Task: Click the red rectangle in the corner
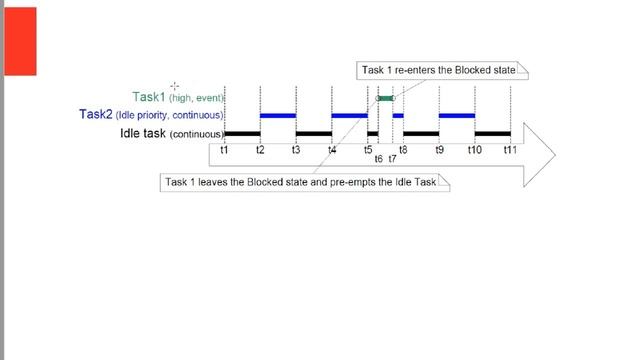click(x=18, y=40)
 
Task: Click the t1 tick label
click(x=224, y=149)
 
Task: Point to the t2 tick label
click(x=260, y=149)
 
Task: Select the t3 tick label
click(x=295, y=149)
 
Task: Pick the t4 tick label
click(x=332, y=149)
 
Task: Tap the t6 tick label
click(x=379, y=158)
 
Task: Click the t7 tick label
click(x=393, y=158)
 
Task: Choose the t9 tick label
click(x=439, y=149)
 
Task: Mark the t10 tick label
click(x=475, y=149)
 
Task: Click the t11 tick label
click(x=510, y=149)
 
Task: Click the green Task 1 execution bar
click(x=386, y=98)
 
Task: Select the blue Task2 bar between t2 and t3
click(x=278, y=115)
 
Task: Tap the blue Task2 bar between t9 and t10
click(x=457, y=115)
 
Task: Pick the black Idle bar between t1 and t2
click(x=242, y=133)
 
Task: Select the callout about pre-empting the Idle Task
click(x=305, y=183)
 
